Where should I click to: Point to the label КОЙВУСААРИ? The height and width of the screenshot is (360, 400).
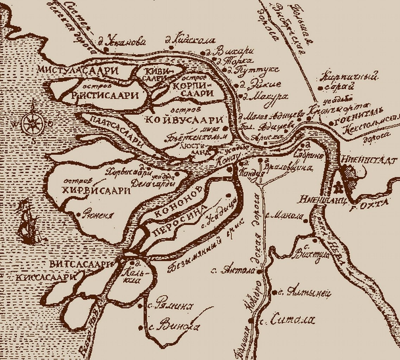coord(184,120)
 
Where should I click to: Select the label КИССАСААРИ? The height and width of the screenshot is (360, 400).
coord(46,277)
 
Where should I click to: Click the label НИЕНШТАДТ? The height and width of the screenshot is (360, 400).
coord(368,160)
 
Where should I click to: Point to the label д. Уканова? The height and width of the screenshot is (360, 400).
coord(123,42)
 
